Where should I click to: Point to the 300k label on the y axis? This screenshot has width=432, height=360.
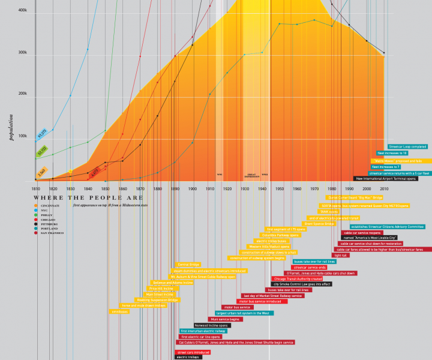23,53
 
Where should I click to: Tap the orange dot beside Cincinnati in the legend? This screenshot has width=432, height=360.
36,206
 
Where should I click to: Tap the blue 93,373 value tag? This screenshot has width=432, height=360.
42,133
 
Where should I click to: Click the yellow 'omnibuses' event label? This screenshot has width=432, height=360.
119,311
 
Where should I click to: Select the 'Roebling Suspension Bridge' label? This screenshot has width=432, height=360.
158,299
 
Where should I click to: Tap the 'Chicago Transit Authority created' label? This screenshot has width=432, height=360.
298,278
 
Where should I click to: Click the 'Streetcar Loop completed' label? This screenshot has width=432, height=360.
407,146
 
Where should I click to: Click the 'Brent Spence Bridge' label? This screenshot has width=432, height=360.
319,223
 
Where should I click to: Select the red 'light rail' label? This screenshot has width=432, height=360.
341,255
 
